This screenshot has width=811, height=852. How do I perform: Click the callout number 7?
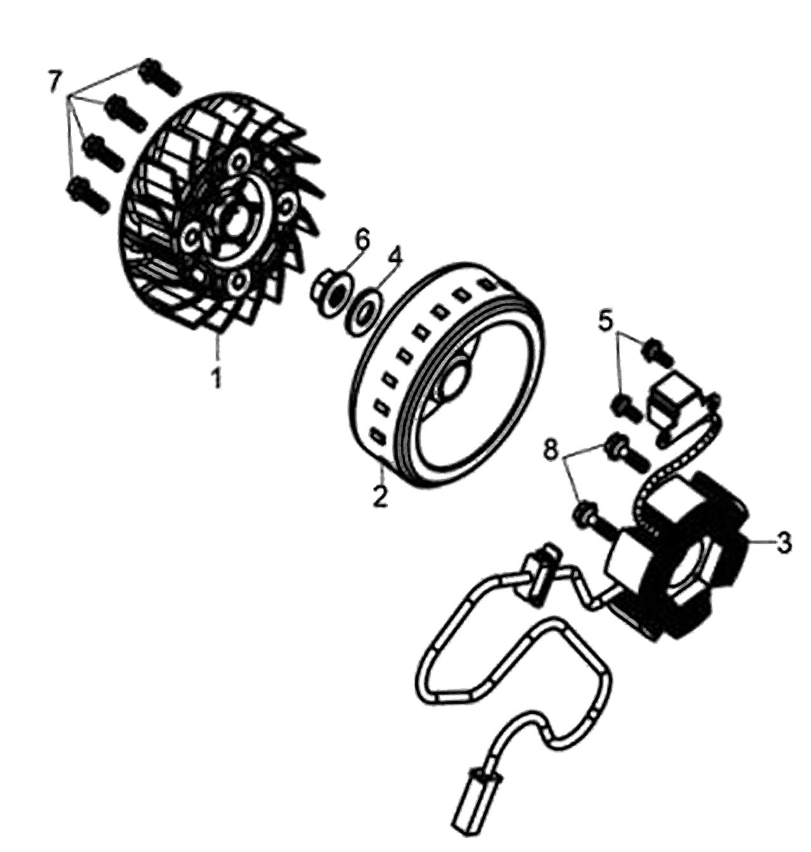tap(54, 82)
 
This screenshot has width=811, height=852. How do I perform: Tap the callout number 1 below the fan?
tap(216, 377)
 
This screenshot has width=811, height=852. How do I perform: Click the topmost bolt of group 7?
tap(160, 77)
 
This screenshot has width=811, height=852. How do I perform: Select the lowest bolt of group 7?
tap(88, 195)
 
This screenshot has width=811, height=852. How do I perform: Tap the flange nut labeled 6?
tap(329, 295)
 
